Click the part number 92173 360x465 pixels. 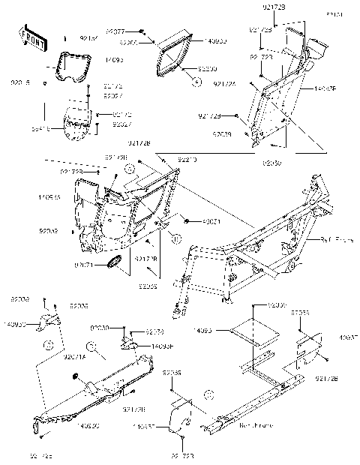coord(155,331)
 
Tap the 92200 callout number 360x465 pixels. coord(206,68)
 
